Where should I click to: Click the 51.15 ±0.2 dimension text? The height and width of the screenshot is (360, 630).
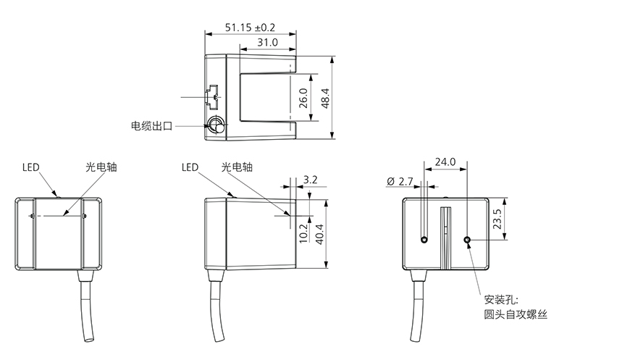[x=250, y=28]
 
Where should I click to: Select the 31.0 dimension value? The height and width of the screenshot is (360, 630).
[x=268, y=42]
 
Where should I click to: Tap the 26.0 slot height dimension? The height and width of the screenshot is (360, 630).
[x=303, y=98]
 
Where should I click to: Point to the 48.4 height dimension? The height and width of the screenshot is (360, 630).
[x=325, y=98]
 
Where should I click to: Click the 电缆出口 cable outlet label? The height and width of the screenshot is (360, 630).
[x=151, y=126]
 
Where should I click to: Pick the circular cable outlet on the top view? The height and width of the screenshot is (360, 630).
[x=215, y=125]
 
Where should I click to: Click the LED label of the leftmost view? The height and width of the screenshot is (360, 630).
[x=31, y=167]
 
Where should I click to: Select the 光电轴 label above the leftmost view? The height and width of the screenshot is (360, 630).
[x=101, y=167]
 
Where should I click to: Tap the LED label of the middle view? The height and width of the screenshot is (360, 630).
[x=190, y=167]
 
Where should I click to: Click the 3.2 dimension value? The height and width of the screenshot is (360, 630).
[x=310, y=180]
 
